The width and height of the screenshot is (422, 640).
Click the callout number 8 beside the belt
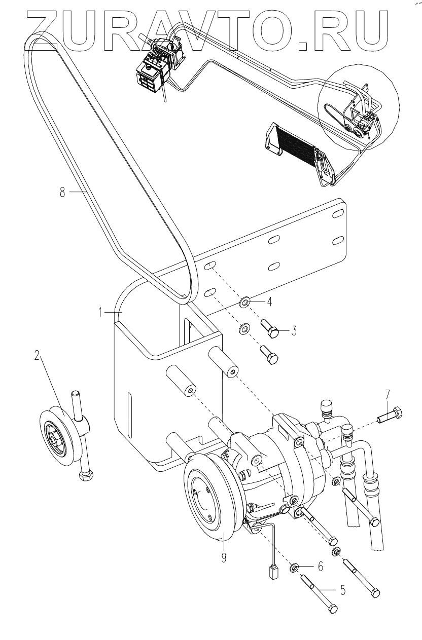[x=62, y=193]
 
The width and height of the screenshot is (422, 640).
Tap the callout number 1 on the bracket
[x=101, y=313]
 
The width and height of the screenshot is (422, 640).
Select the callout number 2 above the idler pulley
[x=37, y=355]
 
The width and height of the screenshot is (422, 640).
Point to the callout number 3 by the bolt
[x=293, y=331]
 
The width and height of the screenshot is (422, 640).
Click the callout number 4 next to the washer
[x=269, y=303]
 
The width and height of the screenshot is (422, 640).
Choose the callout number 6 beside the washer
[x=320, y=567]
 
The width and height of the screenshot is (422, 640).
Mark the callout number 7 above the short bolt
[x=388, y=394]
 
